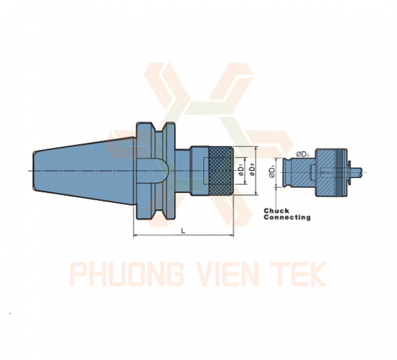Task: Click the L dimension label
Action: [183, 231]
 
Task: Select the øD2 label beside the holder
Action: [252, 170]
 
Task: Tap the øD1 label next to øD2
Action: [241, 170]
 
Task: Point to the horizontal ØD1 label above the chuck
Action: [303, 154]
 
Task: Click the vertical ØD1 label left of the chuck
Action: [272, 172]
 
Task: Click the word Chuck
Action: [276, 211]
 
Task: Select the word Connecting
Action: [287, 217]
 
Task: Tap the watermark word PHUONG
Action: [126, 275]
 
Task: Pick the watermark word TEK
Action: [299, 275]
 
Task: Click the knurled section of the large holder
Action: [220, 171]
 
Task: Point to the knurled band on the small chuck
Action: [341, 173]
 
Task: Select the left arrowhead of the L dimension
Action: [135, 236]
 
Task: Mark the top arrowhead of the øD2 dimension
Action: [256, 148]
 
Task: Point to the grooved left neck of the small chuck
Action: [286, 173]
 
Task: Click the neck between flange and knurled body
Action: [182, 171]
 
